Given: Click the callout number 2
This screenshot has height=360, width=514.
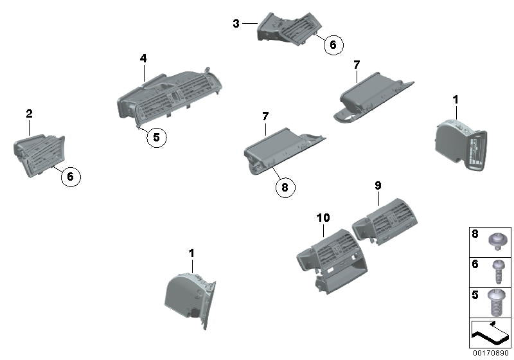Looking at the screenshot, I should pos(29,114).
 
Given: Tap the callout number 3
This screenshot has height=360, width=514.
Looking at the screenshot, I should pos(236,24).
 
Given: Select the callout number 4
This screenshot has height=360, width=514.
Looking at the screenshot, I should pos(143,59).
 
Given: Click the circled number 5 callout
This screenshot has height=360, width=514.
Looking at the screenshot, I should pos(155,137).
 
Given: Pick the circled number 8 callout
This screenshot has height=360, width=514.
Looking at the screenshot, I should pos(285,187).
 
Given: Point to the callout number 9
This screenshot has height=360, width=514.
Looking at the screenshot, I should pos(378,186).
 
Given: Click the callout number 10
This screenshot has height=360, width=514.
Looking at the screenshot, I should pos(323,219).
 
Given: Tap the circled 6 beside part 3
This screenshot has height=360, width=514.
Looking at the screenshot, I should pos(333,45).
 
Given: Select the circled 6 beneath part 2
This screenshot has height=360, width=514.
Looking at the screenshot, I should pos(71,175).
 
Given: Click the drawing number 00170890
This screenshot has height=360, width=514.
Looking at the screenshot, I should pos(490,353).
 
